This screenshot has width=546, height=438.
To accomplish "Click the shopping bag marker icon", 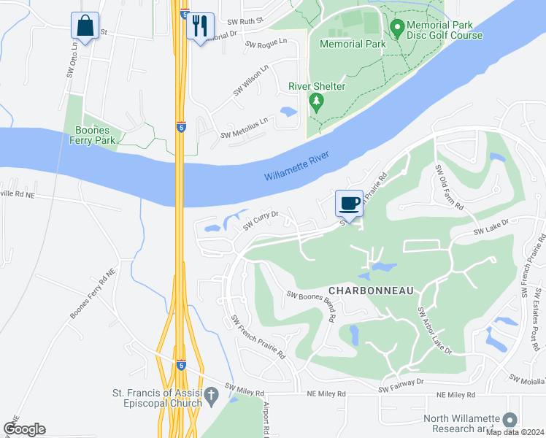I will (x=85, y=26).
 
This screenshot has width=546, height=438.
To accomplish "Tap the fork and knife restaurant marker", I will (x=199, y=26).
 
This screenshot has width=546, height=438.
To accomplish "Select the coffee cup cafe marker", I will (x=349, y=203).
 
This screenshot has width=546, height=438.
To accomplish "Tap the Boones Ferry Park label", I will (x=92, y=136).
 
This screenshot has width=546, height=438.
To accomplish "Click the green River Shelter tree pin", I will (x=316, y=101).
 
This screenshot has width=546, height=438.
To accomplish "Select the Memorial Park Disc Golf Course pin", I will (x=398, y=29).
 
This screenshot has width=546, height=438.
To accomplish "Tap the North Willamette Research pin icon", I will (x=510, y=420).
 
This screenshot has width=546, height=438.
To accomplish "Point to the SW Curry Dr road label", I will (x=261, y=219).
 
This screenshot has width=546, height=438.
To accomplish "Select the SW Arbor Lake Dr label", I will (x=435, y=331).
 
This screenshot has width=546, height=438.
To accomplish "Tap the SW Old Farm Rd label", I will (x=450, y=188).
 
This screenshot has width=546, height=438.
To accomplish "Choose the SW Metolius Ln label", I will (x=245, y=129).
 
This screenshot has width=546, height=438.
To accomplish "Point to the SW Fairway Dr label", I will (x=401, y=385).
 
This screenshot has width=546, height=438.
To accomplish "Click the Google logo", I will (x=24, y=429).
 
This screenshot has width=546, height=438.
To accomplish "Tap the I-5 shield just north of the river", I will (x=181, y=127).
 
